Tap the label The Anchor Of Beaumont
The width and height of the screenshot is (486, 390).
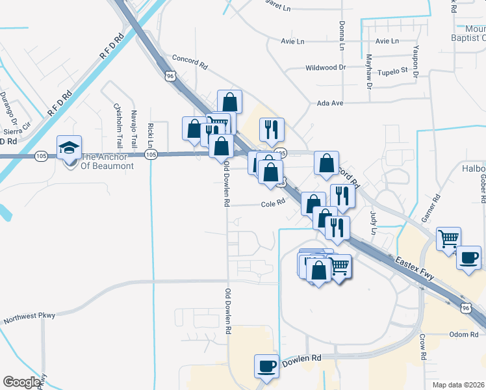107,161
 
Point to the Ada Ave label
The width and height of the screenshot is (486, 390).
329,103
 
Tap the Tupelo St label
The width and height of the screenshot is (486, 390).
392,70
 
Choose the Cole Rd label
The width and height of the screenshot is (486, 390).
274,203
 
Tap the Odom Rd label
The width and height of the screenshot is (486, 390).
464,334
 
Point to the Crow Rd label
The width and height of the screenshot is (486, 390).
422,347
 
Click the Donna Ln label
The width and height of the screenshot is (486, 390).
341,36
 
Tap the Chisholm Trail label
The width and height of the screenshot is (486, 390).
118,125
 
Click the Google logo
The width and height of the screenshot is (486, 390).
22,382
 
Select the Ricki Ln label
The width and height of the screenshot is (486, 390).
150,134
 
